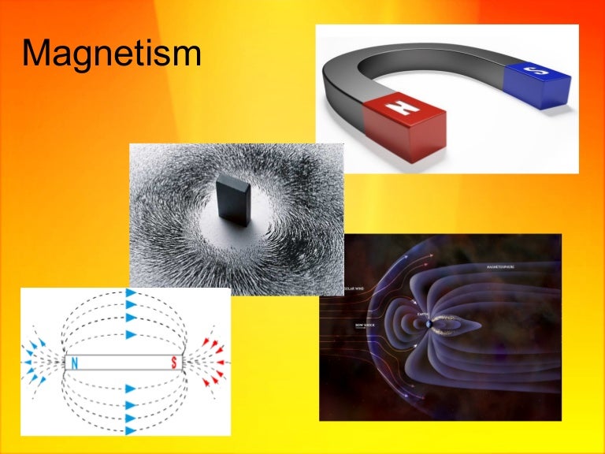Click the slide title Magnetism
coord(111,53)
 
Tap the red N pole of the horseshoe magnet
coord(405,126)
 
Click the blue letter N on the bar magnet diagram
coord(75,363)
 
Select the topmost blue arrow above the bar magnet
coord(131,293)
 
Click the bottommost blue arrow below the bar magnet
coord(131,430)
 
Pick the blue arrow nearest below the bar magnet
coord(131,389)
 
